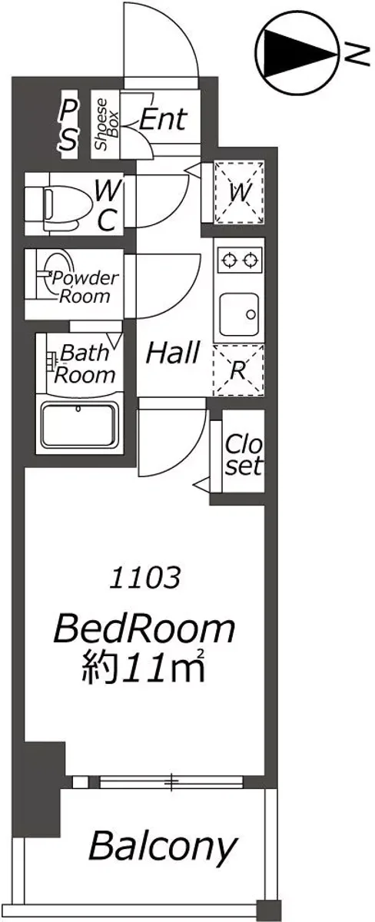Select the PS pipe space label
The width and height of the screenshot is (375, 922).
68,126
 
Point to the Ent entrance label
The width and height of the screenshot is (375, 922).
164,119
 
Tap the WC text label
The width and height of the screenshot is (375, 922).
108,205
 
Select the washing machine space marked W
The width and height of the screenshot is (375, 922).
240,193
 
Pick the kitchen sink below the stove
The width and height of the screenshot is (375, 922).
240,314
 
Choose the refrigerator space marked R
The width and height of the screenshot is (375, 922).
238,370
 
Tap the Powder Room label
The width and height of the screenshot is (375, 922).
85,287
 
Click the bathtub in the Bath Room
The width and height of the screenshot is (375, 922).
79,426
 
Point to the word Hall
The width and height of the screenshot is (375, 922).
173,353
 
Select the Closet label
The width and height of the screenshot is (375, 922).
244,454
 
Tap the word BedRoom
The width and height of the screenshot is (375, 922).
144,628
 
